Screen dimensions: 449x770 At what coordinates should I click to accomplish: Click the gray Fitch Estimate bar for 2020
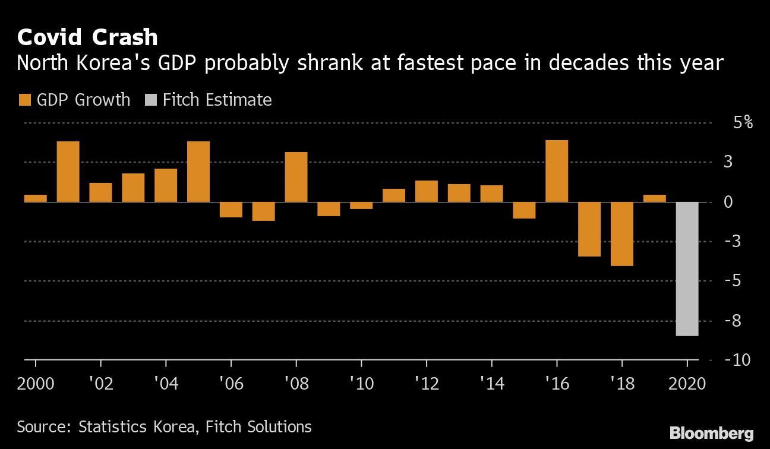pyautogui.click(x=687, y=269)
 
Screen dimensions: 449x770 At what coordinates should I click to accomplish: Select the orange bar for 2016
pyautogui.click(x=557, y=172)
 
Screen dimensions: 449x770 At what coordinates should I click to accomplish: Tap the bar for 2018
pyautogui.click(x=622, y=234)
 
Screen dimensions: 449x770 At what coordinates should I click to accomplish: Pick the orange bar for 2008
pyautogui.click(x=296, y=178)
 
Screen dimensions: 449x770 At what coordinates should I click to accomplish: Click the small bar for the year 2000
pyautogui.click(x=36, y=198)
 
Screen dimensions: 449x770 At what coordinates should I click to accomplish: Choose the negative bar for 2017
pyautogui.click(x=589, y=229)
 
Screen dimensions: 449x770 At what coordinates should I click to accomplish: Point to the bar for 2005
pyautogui.click(x=198, y=172)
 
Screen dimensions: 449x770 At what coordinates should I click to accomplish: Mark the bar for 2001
pyautogui.click(x=68, y=172)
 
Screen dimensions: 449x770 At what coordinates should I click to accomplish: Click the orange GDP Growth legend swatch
pyautogui.click(x=25, y=100)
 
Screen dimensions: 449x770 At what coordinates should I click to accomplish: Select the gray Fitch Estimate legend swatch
pyautogui.click(x=151, y=100)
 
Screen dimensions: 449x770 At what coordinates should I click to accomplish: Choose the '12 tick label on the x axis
pyautogui.click(x=427, y=384)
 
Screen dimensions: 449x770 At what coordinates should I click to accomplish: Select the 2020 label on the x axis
pyautogui.click(x=687, y=384)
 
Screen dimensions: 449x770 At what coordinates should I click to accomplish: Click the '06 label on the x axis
pyautogui.click(x=232, y=384)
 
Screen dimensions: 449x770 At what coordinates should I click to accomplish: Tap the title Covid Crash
pyautogui.click(x=87, y=37)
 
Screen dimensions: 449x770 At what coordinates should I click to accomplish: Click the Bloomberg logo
pyautogui.click(x=712, y=432)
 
